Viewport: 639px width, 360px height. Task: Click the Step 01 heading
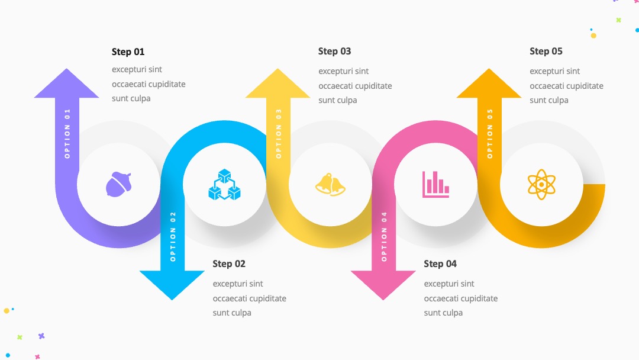[x=128, y=52]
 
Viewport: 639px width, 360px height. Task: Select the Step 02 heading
[x=229, y=263]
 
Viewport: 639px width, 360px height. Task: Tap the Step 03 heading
[x=334, y=52]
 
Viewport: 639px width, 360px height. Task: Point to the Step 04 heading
[x=440, y=263]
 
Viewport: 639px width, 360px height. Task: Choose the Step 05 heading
[x=546, y=52]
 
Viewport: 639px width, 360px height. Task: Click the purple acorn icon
[x=118, y=184]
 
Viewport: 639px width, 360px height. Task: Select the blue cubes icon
[x=224, y=185]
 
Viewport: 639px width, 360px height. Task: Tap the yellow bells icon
[x=330, y=185]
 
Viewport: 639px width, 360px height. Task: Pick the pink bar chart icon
[x=435, y=184]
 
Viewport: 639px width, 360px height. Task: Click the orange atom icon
[x=541, y=184]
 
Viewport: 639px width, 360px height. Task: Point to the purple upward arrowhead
[x=66, y=83]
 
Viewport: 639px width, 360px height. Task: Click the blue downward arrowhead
[x=172, y=285]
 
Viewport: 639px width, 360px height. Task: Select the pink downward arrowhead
[x=383, y=285]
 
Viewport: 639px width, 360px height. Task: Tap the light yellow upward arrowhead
[x=277, y=83]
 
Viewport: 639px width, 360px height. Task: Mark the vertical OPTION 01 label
[x=67, y=134]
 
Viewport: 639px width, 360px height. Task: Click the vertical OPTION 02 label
[x=173, y=236]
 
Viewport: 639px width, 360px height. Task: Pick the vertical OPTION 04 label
[x=384, y=236]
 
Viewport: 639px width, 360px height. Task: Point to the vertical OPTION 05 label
[x=490, y=134]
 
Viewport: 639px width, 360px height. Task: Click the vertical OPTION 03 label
[x=279, y=134]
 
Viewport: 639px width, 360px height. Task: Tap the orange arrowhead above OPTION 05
[x=489, y=83]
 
